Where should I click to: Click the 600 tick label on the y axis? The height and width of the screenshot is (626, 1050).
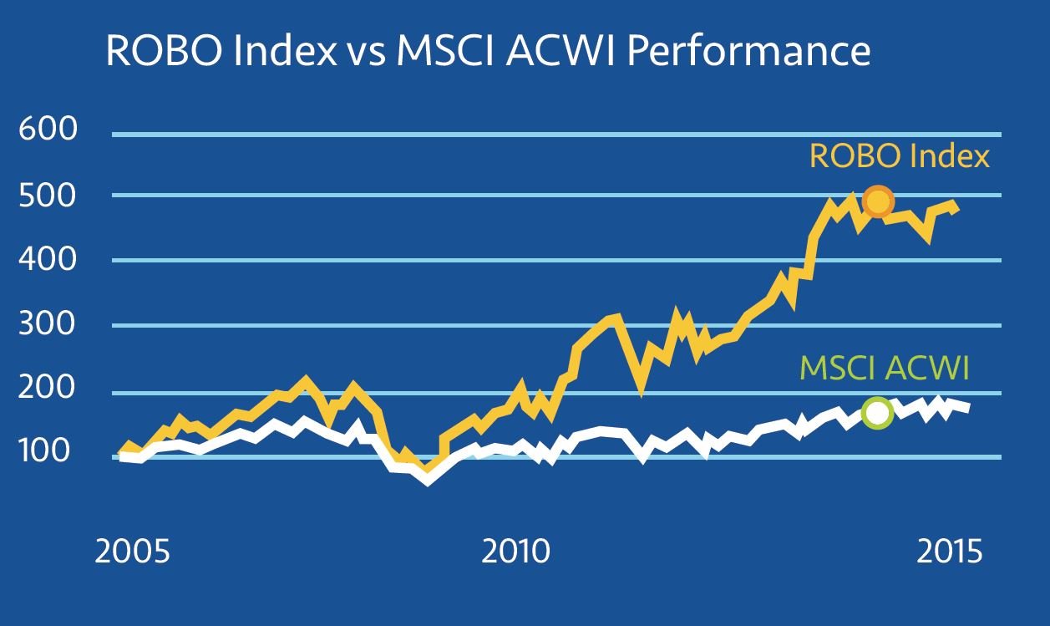click(47, 130)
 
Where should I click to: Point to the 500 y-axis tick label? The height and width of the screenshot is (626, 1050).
click(47, 196)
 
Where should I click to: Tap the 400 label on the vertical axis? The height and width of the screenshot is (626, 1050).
click(47, 261)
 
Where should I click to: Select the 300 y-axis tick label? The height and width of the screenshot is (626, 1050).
click(47, 325)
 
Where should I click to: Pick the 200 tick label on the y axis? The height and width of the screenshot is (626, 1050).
click(47, 389)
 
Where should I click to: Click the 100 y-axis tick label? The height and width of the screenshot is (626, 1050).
click(47, 454)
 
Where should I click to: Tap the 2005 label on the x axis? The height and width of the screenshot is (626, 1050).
click(133, 552)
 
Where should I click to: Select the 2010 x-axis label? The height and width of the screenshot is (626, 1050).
click(516, 552)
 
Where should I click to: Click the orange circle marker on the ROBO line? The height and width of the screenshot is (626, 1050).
click(877, 201)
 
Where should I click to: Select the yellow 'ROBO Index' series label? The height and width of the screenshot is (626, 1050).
click(899, 156)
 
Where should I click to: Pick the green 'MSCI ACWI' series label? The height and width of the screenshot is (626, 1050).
click(885, 368)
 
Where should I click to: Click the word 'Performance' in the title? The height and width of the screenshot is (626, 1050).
click(748, 52)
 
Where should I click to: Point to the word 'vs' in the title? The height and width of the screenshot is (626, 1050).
click(360, 52)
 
